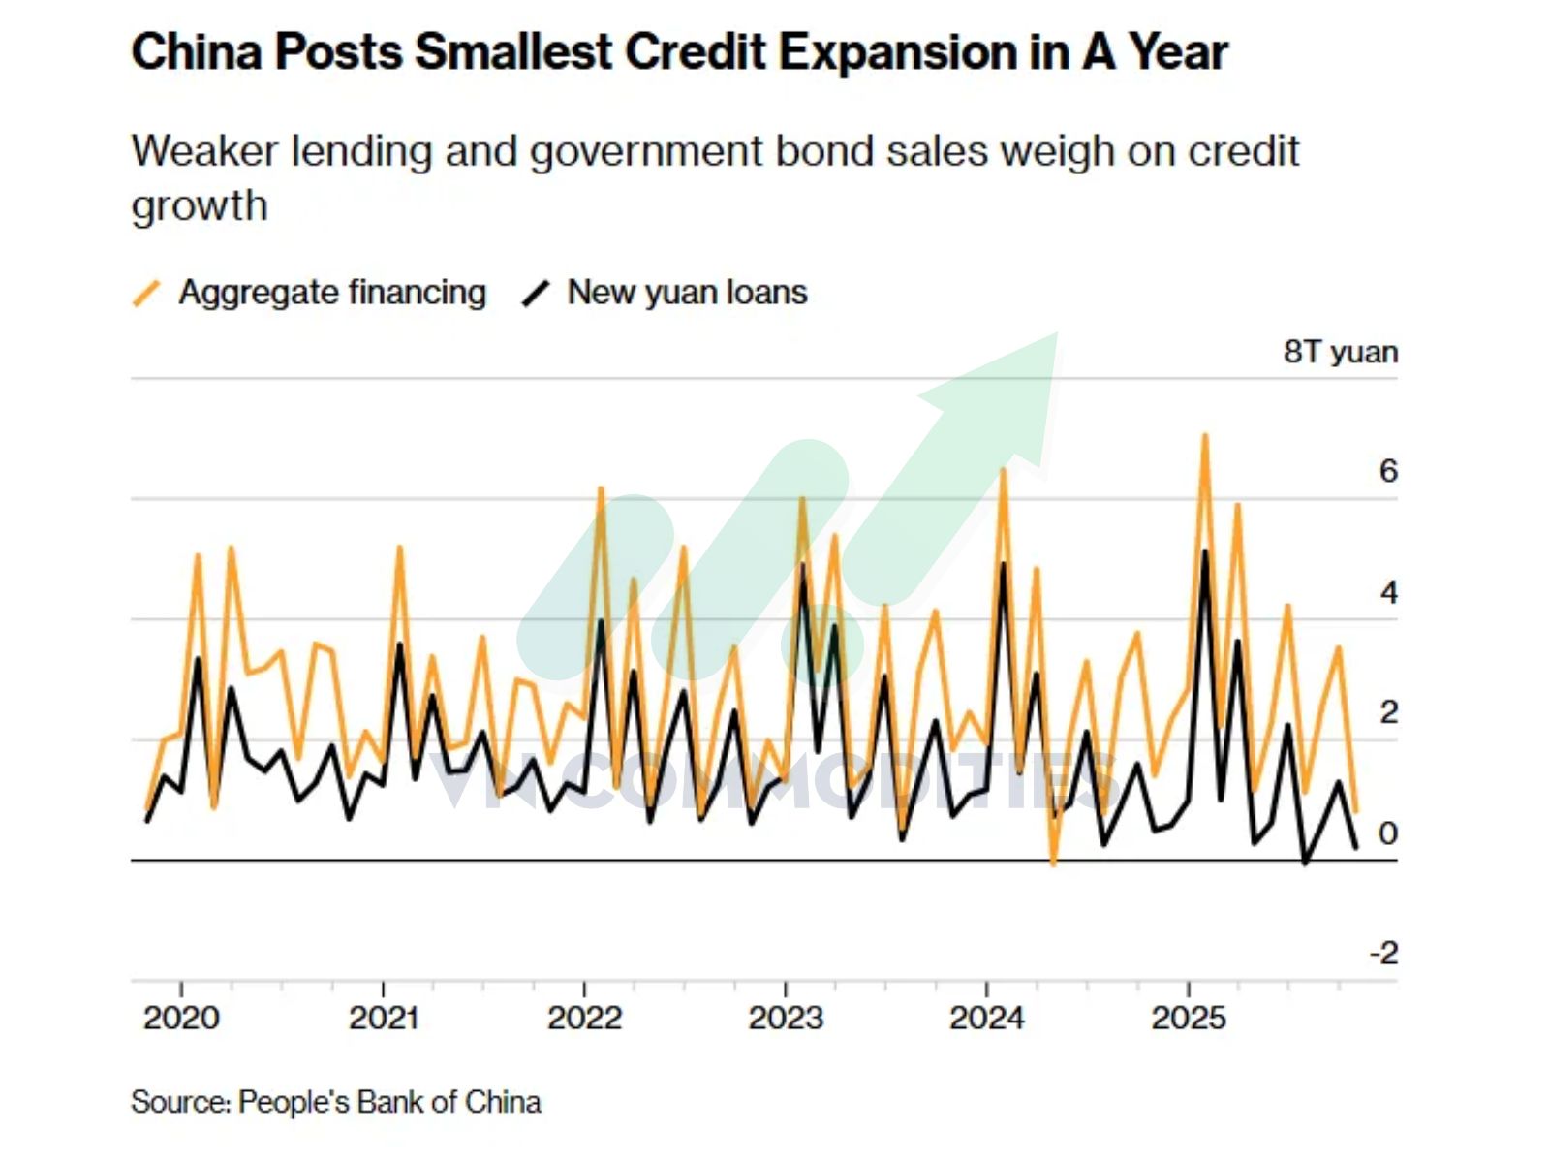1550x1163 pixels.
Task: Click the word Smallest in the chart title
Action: coord(513,52)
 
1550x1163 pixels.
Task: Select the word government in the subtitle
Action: coord(645,152)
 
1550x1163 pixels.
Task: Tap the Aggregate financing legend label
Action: coord(332,293)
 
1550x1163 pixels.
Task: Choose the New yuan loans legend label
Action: coord(687,293)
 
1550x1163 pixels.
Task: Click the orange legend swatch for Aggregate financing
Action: coord(147,294)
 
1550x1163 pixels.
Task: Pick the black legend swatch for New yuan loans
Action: coord(536,294)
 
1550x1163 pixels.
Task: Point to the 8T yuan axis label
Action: coord(1341,352)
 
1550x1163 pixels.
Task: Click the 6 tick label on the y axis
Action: coord(1388,471)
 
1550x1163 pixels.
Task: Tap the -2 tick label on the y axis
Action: coord(1384,954)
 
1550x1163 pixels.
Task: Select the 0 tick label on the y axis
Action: coord(1388,833)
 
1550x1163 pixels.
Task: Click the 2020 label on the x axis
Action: coord(181,1019)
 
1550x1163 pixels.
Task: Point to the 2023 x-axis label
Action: coord(786,1019)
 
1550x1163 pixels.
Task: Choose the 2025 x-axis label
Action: coord(1190,1019)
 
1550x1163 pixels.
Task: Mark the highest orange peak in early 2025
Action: coord(1205,436)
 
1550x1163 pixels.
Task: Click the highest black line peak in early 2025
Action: coord(1205,551)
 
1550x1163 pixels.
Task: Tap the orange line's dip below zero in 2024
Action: coord(1054,863)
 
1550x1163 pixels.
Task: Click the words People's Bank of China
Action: coord(389,1102)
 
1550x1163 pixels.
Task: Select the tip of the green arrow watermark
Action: coord(1057,333)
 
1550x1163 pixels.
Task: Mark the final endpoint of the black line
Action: coord(1356,847)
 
